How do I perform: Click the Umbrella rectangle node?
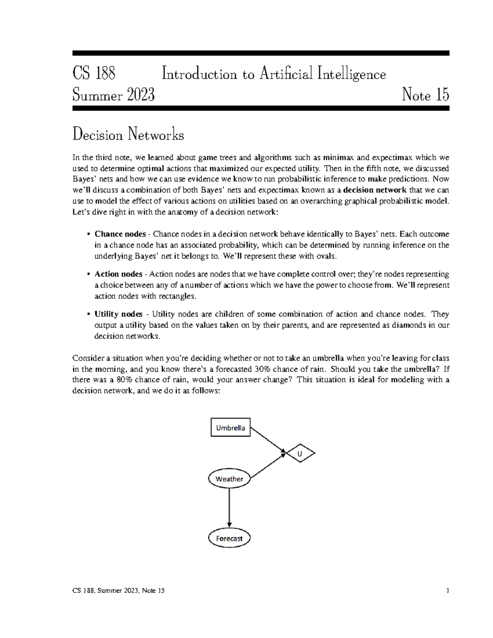[x=230, y=428]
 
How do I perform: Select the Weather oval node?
[x=229, y=479]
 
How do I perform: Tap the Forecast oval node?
[x=229, y=538]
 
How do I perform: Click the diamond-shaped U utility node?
[x=300, y=454]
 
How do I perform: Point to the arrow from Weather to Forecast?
[x=229, y=508]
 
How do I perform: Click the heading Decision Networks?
[x=128, y=135]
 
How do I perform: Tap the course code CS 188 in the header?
[x=94, y=74]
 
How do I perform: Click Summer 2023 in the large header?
[x=113, y=95]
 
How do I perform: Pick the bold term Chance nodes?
[x=120, y=234]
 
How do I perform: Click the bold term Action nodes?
[x=118, y=274]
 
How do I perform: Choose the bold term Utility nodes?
[x=118, y=314]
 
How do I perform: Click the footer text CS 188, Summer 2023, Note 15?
[x=118, y=591]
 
